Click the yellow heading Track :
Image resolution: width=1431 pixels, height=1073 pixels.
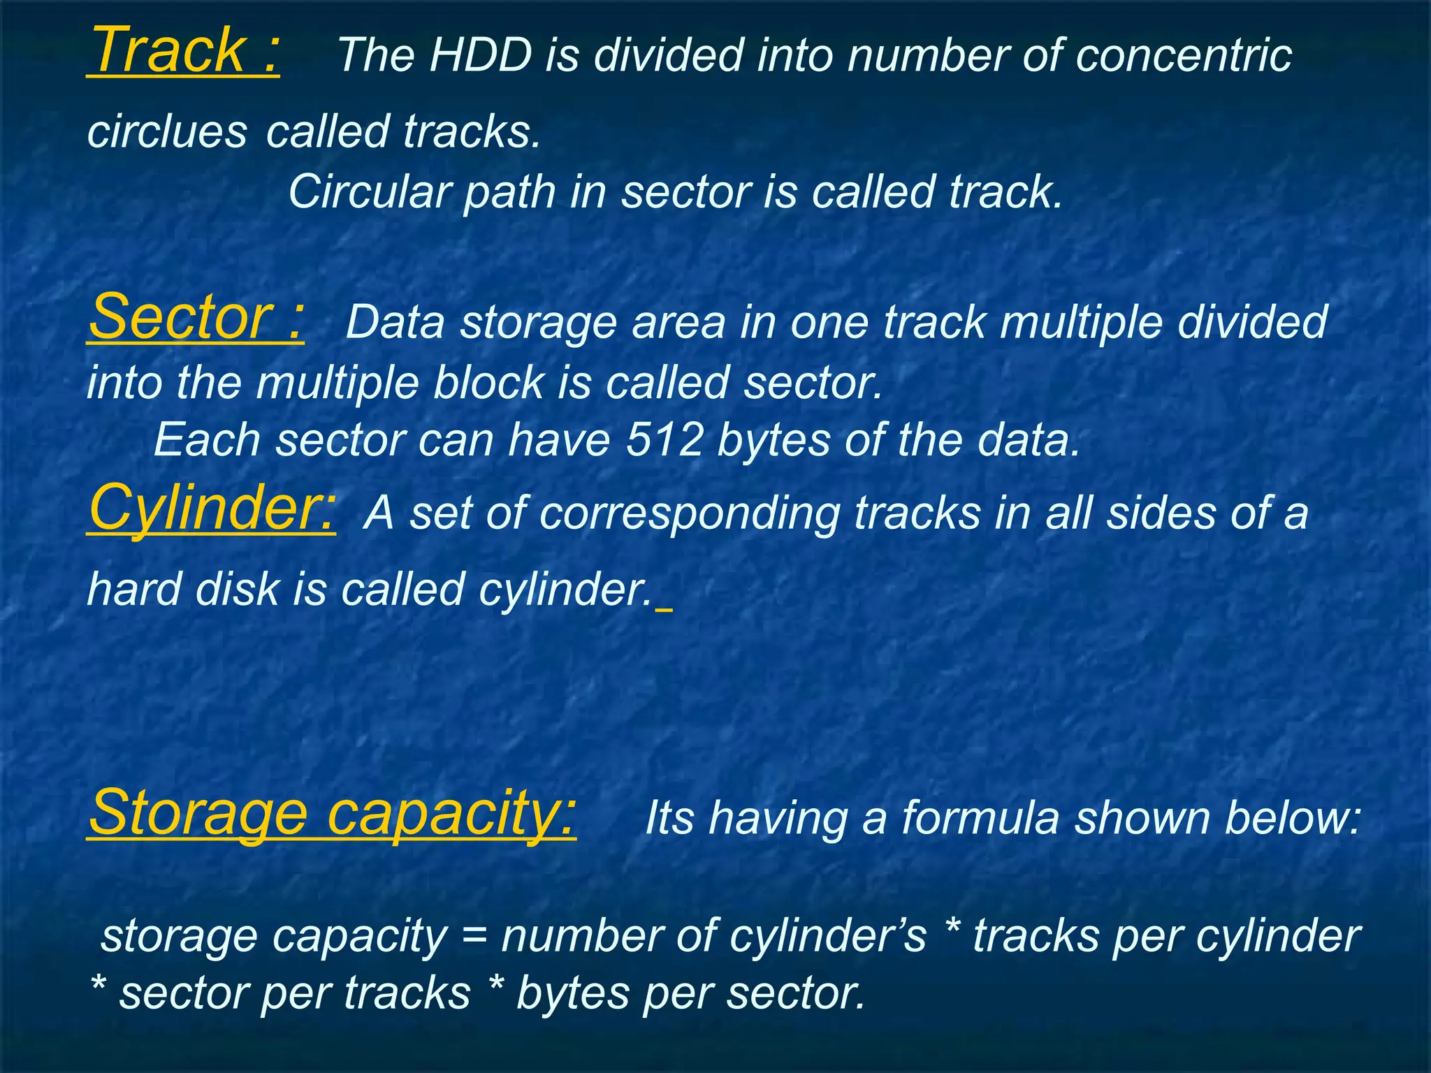(x=184, y=50)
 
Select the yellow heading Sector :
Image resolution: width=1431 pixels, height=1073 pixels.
(x=196, y=318)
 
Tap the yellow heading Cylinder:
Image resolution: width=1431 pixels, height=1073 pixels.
(x=212, y=509)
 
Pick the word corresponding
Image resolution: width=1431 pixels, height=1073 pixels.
(x=690, y=513)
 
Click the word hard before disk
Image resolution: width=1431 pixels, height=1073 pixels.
(x=134, y=589)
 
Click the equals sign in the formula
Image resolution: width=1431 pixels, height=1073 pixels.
(x=474, y=936)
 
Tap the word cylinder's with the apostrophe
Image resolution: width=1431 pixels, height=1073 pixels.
(x=827, y=936)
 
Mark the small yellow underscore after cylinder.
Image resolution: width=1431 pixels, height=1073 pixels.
(x=664, y=609)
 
